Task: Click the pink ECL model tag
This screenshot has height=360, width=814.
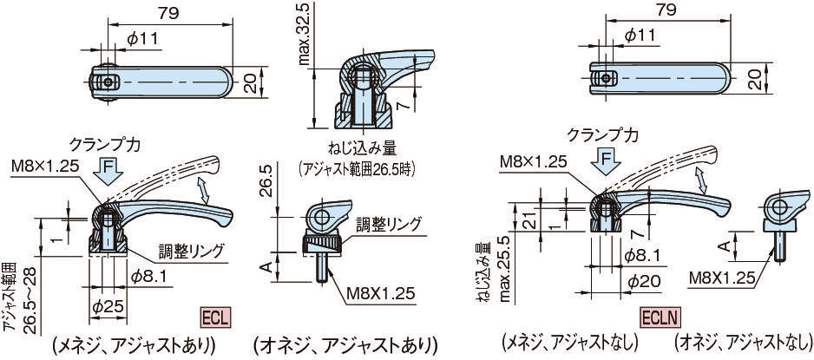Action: click(x=215, y=317)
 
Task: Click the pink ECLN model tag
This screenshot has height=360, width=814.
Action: click(x=660, y=317)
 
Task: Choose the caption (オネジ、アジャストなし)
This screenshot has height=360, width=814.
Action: click(x=742, y=344)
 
